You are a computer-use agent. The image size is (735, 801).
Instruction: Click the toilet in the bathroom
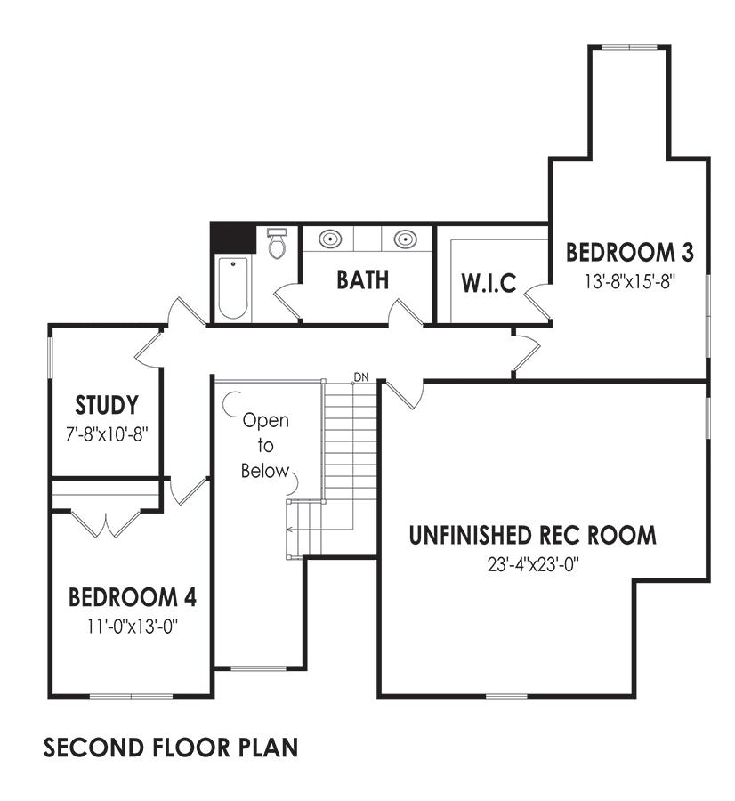click(278, 243)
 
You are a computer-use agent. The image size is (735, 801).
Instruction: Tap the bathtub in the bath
click(233, 288)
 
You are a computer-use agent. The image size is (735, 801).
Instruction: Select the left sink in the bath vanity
click(329, 239)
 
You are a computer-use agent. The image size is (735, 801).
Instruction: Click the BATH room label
click(363, 280)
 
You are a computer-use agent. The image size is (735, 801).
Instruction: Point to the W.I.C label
click(489, 284)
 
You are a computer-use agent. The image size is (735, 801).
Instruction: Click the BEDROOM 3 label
click(630, 253)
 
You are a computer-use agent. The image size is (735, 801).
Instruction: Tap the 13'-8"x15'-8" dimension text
click(630, 281)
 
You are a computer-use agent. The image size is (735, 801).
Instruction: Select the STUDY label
click(107, 405)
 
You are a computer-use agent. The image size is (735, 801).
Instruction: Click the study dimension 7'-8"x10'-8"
click(107, 434)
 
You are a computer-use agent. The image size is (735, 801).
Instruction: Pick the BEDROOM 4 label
click(133, 597)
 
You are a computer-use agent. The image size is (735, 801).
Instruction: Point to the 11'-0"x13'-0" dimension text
click(133, 627)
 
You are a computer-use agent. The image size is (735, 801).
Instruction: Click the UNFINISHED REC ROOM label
click(533, 536)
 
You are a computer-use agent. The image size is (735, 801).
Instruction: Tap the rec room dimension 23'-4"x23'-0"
click(533, 565)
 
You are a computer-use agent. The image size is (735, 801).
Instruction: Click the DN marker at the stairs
click(361, 377)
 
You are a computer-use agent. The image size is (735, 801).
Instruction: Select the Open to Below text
click(265, 446)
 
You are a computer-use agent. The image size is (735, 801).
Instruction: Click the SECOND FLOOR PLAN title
click(171, 748)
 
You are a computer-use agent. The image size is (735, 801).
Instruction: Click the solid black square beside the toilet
click(234, 238)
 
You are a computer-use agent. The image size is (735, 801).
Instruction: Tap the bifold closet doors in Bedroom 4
click(106, 523)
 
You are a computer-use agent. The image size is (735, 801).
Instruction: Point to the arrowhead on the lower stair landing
click(289, 530)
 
